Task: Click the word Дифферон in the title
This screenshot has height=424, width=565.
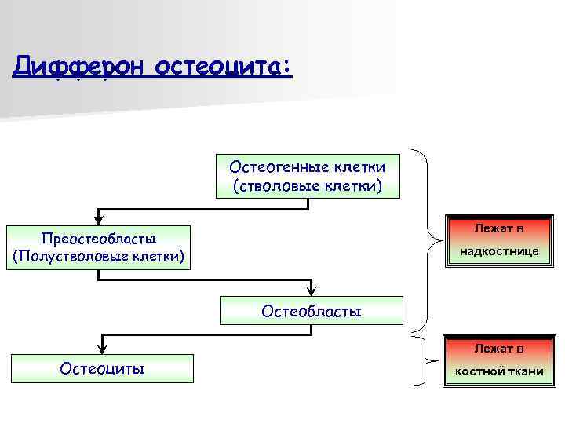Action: (79, 67)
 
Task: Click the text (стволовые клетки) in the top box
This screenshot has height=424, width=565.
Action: (308, 185)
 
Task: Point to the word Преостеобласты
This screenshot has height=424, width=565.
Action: (97, 238)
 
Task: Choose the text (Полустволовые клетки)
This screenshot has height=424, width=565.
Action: (97, 256)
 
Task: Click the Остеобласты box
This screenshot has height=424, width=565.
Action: (311, 311)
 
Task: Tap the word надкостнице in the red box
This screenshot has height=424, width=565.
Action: (498, 252)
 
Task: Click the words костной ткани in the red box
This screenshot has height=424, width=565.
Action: (498, 371)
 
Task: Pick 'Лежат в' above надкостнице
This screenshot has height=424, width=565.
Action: (498, 228)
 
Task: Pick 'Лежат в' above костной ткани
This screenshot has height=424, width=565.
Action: (498, 348)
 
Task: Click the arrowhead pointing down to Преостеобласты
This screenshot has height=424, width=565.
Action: (98, 221)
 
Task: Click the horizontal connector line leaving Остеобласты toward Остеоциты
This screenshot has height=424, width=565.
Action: (204, 334)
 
